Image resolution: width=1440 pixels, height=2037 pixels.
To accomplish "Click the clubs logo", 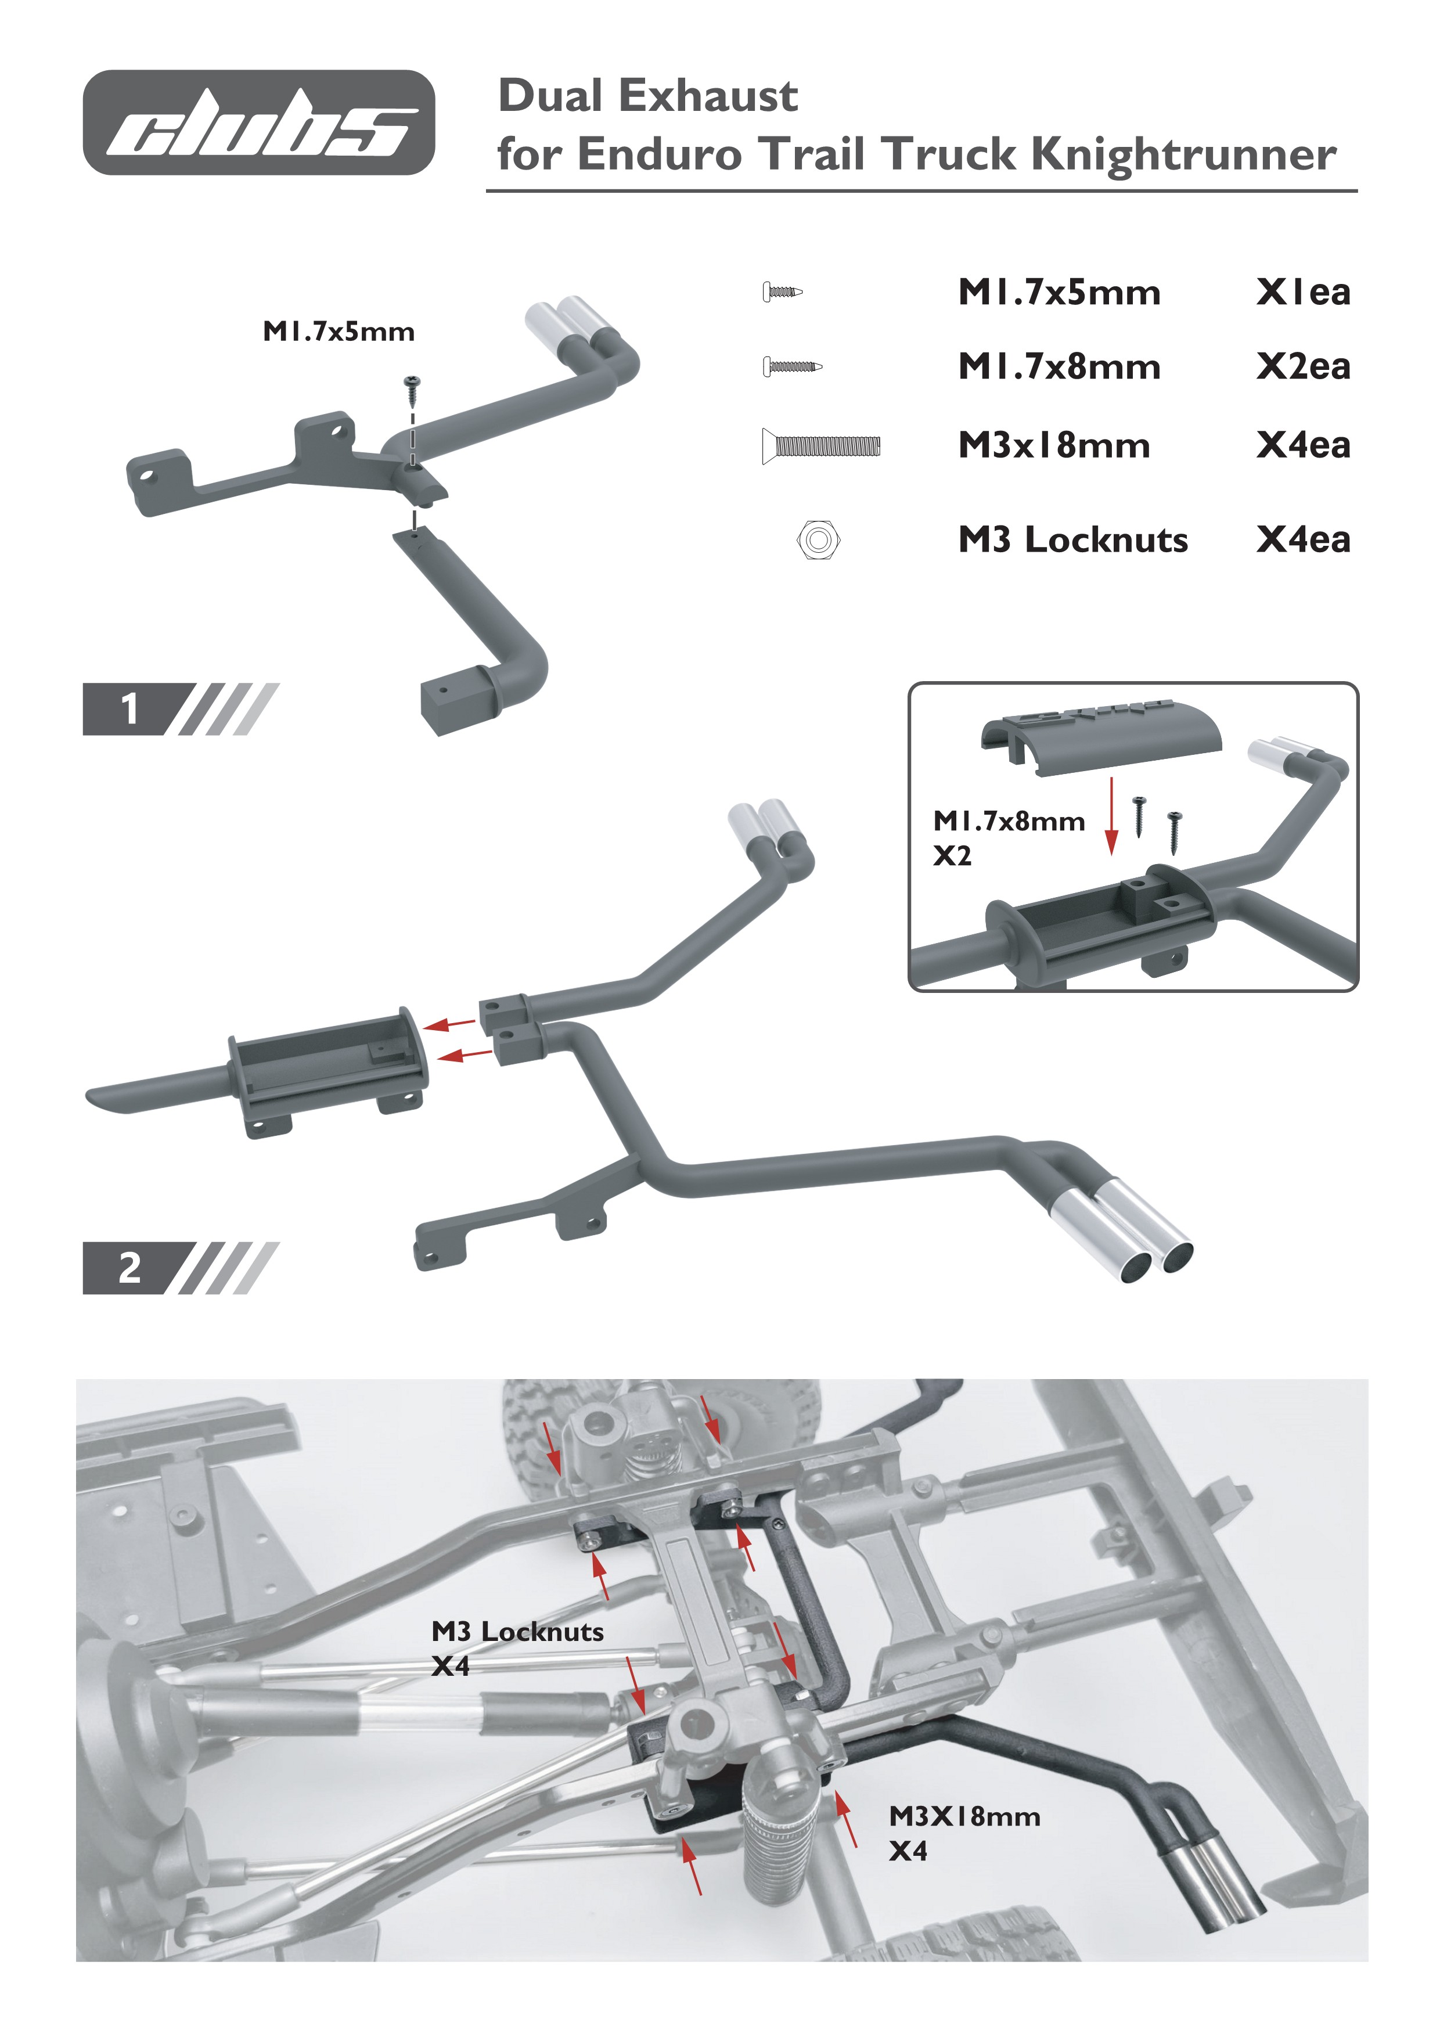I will pyautogui.click(x=258, y=123).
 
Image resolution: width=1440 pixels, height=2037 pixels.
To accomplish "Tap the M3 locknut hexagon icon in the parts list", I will pyautogui.click(x=818, y=539).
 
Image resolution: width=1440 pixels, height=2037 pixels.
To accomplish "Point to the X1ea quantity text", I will pyautogui.click(x=1302, y=292).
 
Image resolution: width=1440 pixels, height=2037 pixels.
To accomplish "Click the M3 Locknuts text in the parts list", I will pyautogui.click(x=1072, y=539).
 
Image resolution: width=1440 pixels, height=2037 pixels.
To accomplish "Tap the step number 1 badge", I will pyautogui.click(x=129, y=709).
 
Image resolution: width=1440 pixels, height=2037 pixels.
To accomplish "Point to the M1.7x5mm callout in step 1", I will pyautogui.click(x=338, y=332).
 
